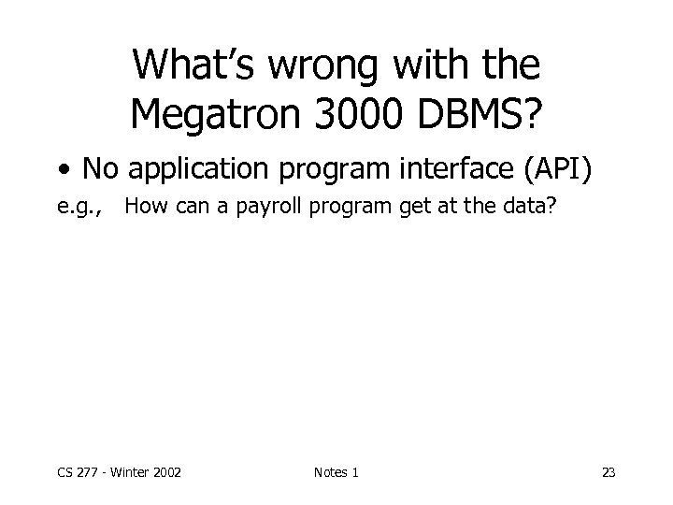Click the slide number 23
(609, 473)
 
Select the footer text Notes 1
(336, 473)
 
